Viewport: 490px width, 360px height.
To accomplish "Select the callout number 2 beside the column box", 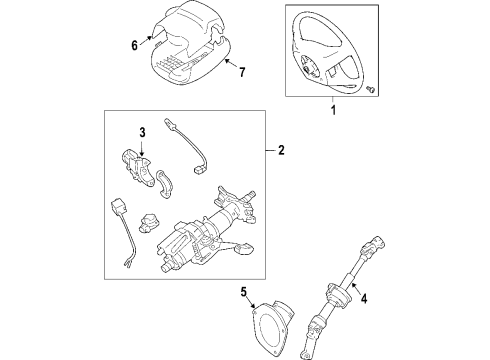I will (281, 152).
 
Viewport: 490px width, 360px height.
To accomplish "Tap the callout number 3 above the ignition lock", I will (142, 133).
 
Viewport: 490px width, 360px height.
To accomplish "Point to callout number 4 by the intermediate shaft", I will (363, 296).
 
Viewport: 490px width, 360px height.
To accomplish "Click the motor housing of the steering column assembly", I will (180, 249).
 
